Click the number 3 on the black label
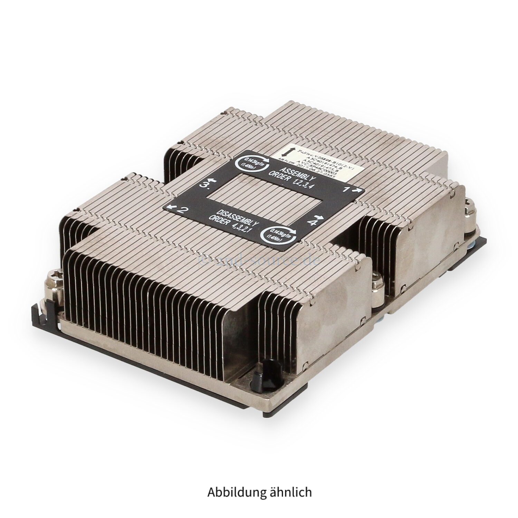(205, 185)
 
